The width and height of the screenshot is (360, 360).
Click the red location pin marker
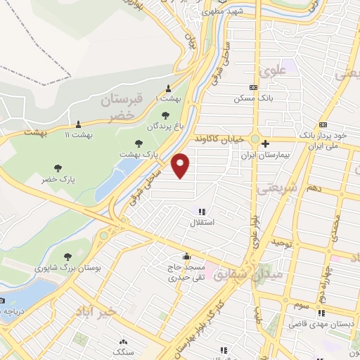[181, 165]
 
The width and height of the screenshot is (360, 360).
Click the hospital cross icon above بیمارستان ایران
[265, 144]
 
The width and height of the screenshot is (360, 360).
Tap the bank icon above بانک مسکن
[253, 88]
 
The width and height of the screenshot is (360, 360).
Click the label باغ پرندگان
[165, 127]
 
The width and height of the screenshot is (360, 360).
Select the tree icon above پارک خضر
[58, 168]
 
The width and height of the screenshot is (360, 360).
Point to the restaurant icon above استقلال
[202, 212]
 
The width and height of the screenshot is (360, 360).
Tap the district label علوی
[272, 71]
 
